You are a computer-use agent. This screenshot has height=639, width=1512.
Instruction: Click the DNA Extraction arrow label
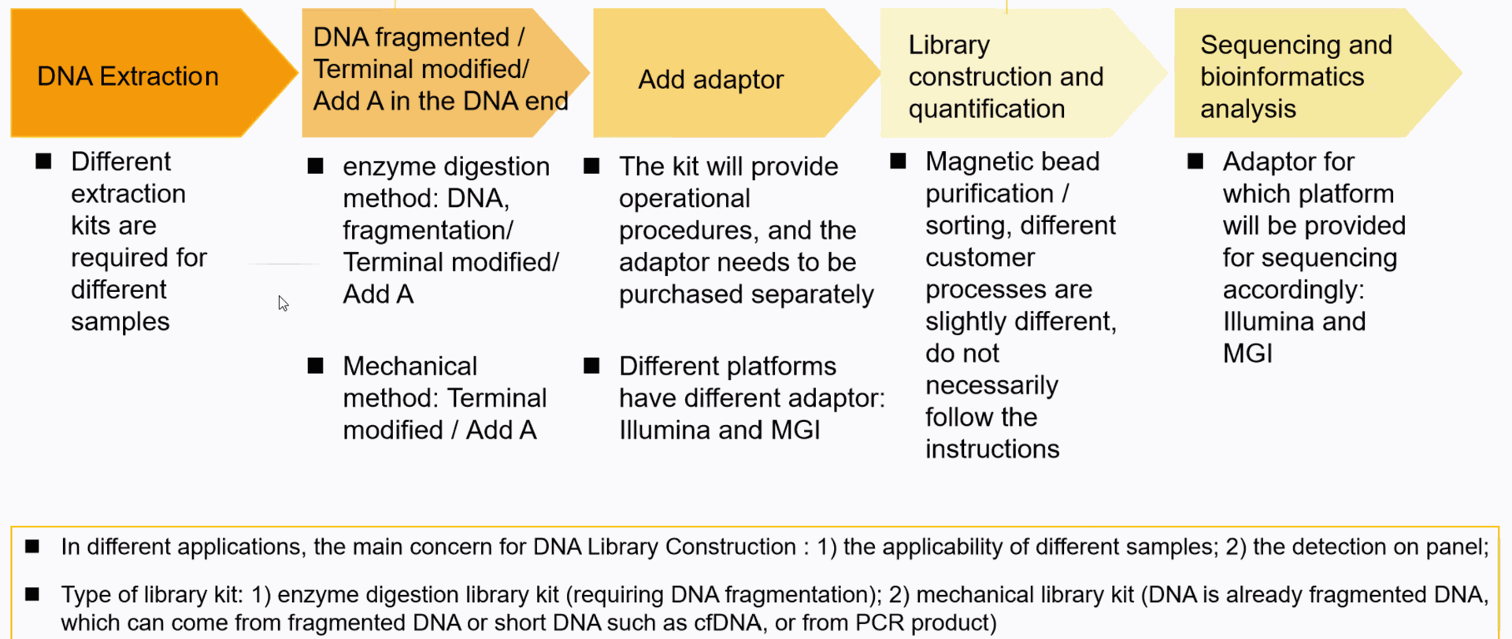click(x=128, y=76)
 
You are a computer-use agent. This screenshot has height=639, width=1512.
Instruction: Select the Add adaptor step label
click(x=710, y=79)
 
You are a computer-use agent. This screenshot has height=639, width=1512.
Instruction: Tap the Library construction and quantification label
click(x=1006, y=77)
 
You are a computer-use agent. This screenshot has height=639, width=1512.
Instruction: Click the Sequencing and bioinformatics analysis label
click(x=1295, y=77)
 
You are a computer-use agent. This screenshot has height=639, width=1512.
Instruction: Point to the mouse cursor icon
click(x=283, y=304)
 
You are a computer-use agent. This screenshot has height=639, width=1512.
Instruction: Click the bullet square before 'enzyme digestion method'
click(x=316, y=166)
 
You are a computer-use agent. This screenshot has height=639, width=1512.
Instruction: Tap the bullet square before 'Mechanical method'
click(x=316, y=366)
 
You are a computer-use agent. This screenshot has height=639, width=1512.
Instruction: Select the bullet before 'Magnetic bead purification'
click(x=898, y=161)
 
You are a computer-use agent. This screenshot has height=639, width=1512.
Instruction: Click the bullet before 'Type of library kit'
click(x=32, y=594)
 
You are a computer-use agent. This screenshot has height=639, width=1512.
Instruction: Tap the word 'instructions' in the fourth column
click(x=992, y=449)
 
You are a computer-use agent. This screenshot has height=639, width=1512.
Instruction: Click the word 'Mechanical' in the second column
click(x=409, y=366)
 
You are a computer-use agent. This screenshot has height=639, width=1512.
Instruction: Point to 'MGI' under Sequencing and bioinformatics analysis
click(x=1247, y=353)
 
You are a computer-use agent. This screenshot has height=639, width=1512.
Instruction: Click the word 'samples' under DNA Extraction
click(x=120, y=322)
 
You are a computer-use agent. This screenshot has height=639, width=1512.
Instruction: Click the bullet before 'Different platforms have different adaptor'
click(x=591, y=366)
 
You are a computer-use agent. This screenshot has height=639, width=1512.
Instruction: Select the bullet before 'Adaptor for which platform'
click(x=1195, y=161)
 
